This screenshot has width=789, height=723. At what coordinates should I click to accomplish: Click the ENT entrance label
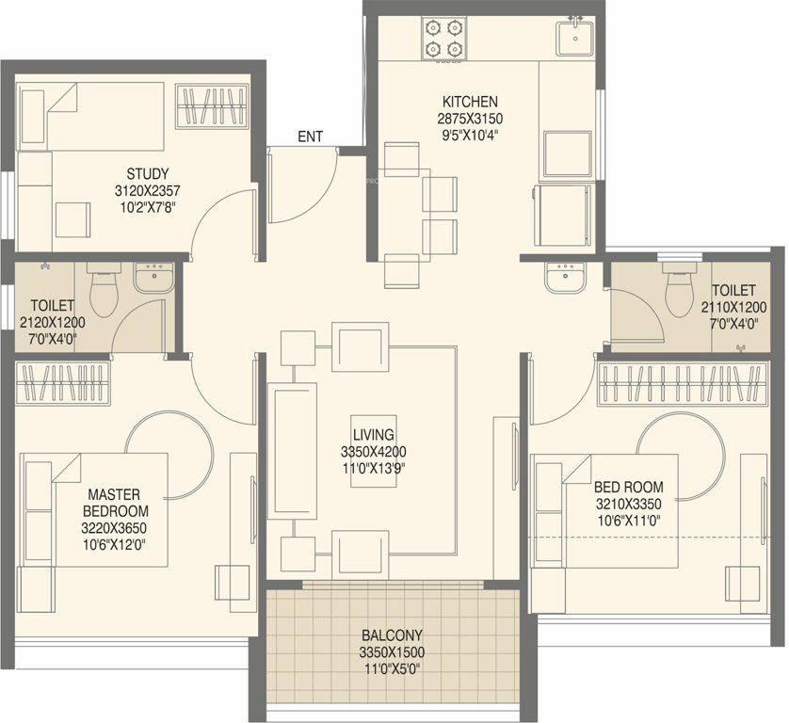310,137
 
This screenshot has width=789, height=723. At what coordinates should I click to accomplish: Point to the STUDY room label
148,173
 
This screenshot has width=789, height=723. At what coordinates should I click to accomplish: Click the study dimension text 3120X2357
148,190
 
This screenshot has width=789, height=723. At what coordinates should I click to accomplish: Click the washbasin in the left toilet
152,278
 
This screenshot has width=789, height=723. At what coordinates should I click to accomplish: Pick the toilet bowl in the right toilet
677,289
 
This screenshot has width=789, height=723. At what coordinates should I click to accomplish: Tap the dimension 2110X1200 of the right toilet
733,307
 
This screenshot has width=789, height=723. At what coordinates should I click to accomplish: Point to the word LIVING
372,434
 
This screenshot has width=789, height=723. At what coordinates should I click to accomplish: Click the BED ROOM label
628,487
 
